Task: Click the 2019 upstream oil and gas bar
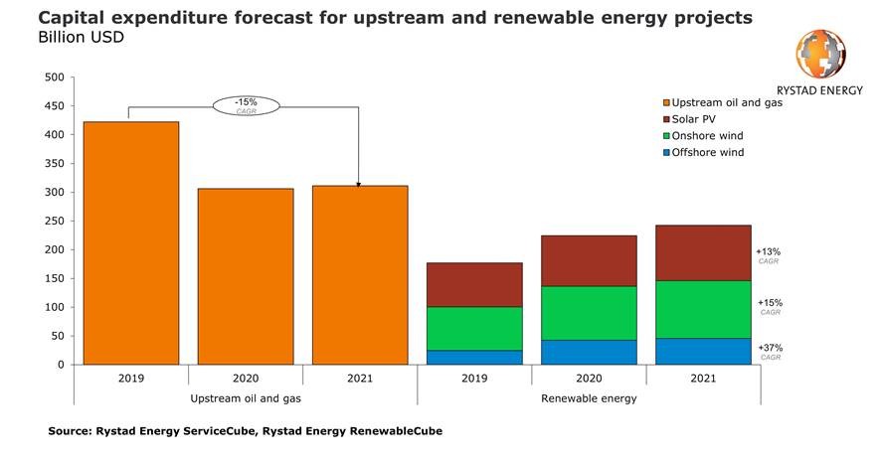click(x=131, y=242)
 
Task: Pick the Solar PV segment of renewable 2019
click(x=473, y=285)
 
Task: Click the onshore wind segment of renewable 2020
click(x=589, y=313)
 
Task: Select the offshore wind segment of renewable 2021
click(x=703, y=351)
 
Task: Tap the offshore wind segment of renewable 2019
click(x=473, y=357)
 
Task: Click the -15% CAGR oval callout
click(x=246, y=105)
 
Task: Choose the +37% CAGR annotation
click(x=770, y=351)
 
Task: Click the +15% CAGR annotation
click(x=770, y=305)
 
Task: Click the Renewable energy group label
click(x=588, y=397)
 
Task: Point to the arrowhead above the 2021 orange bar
click(x=358, y=184)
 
